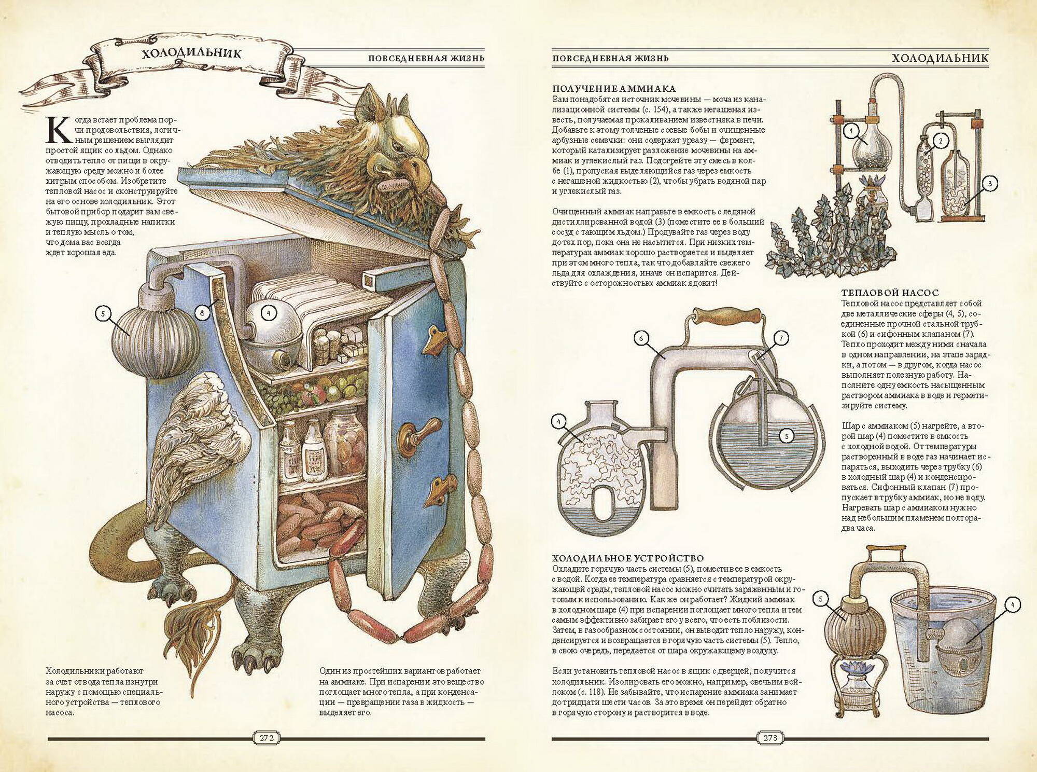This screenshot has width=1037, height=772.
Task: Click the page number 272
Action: (x=265, y=738)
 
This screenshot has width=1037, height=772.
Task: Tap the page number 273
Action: (x=770, y=738)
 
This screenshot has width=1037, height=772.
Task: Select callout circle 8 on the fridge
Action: (x=203, y=312)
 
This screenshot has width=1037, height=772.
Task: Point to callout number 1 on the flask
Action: (x=850, y=132)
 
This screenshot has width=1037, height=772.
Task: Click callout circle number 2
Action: (x=941, y=140)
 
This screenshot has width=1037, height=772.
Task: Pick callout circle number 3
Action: (x=989, y=183)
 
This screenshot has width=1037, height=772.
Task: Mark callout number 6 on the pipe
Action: (x=641, y=339)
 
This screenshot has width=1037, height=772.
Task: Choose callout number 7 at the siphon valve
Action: (x=781, y=338)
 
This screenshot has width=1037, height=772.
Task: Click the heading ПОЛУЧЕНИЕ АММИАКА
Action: (x=614, y=89)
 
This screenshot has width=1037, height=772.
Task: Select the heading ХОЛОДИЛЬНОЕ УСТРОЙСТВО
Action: (x=627, y=558)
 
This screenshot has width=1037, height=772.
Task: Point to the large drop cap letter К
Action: (x=58, y=130)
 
